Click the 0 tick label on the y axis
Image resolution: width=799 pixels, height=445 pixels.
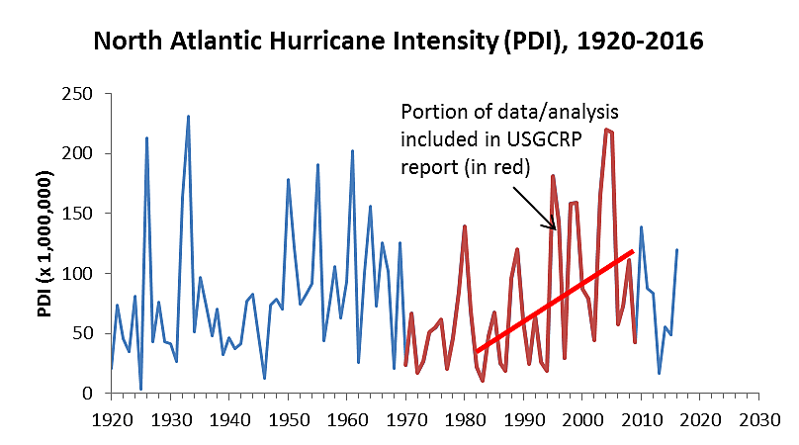coord(90,394)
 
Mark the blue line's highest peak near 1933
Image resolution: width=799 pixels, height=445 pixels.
coord(188,116)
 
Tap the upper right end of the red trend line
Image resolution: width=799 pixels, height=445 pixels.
coord(633,251)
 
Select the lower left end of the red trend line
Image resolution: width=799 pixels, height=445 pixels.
coord(476,352)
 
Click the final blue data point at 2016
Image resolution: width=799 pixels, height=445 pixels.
coord(676,249)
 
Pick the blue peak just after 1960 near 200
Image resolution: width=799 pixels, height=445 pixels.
coord(353,150)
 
